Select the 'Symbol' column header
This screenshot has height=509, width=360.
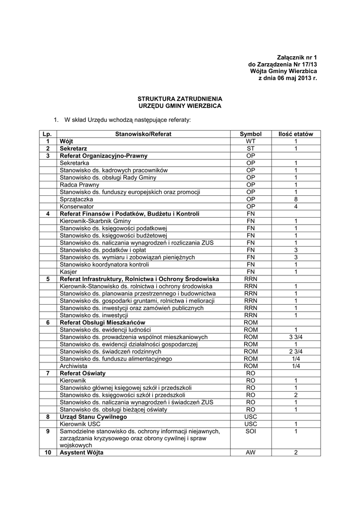(250, 134)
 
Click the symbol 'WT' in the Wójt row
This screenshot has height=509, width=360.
(250, 141)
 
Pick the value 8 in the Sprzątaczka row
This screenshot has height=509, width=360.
(295, 199)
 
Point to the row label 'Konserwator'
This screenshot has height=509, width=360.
(77, 206)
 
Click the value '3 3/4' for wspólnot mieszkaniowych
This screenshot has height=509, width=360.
(295, 337)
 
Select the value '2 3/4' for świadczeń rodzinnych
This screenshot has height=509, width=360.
(295, 351)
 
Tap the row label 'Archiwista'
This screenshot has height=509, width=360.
(74, 366)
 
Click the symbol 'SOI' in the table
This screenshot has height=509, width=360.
(250, 431)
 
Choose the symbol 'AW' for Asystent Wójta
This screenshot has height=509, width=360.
(250, 453)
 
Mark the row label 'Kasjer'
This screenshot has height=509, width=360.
(68, 272)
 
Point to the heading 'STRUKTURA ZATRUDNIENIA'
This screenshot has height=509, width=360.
(180, 99)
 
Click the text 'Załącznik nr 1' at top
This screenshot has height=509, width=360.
(297, 58)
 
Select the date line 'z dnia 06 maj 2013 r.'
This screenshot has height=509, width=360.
(287, 79)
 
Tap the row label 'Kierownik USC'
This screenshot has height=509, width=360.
(80, 424)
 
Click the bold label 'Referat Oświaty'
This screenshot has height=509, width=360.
(83, 373)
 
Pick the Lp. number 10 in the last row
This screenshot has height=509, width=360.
(48, 453)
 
